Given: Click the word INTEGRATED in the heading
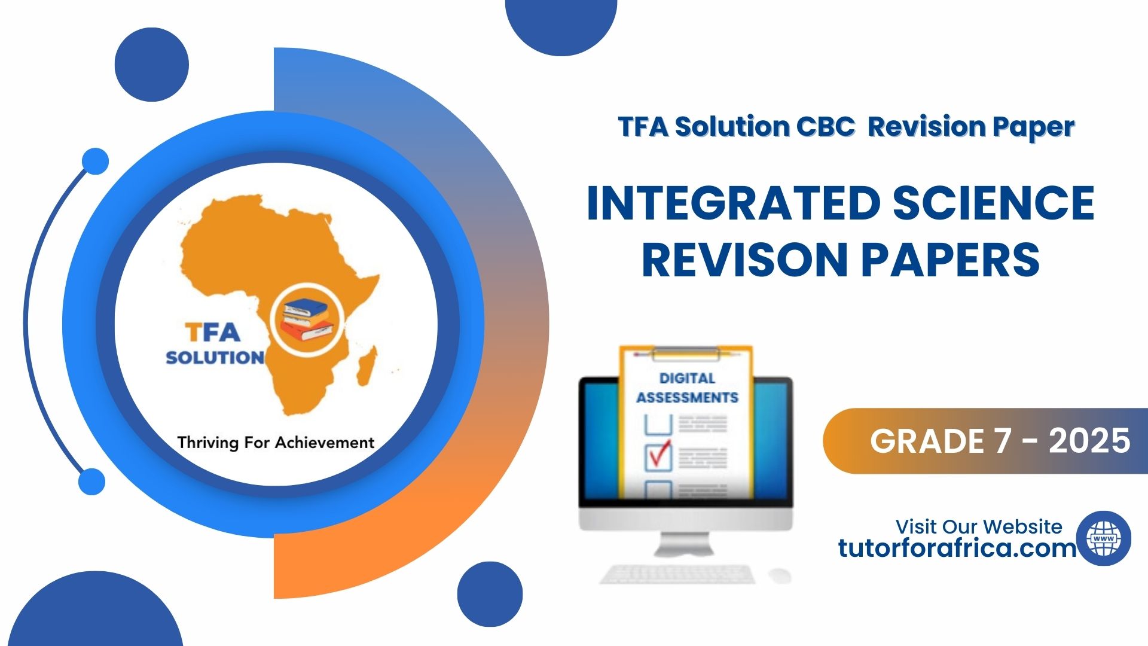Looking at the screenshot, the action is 734,203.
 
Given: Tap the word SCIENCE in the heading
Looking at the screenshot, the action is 994,203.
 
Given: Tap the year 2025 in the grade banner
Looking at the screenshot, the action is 1089,441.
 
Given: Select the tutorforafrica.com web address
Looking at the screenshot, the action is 957,548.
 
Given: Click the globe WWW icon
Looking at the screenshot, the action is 1103,538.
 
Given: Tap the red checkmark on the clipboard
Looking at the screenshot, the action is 660,454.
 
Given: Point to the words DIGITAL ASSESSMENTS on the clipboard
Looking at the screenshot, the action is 687,388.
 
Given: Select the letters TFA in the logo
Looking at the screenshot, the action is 212,332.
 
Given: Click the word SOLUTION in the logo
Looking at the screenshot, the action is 215,358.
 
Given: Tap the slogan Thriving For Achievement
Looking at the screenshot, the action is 276,443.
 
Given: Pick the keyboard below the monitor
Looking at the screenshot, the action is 677,574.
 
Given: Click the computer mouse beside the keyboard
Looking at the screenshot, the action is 780,575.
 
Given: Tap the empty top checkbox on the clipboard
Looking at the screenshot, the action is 658,424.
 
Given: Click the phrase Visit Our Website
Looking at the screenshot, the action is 979,526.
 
